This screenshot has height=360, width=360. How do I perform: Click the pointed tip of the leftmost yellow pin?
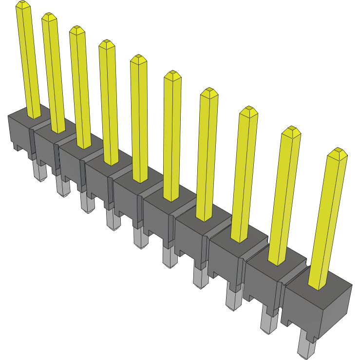point(22,5)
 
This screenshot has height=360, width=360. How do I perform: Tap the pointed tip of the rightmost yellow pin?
point(337,153)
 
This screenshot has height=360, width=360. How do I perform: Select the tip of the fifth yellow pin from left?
point(139,59)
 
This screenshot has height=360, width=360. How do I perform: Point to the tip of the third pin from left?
point(76,30)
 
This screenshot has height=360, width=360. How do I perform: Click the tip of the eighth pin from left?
point(249,111)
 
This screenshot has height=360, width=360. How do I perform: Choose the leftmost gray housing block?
point(19,129)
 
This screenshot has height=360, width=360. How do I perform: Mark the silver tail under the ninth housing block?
point(268,322)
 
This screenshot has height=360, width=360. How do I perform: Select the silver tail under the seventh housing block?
point(200,278)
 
